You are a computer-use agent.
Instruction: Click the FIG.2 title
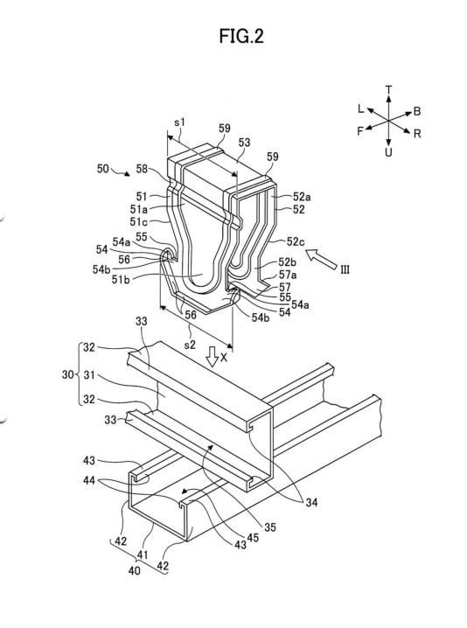click(241, 36)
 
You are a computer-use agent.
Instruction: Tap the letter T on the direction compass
click(388, 89)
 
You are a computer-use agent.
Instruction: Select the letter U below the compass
click(388, 152)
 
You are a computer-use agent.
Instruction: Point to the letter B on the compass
click(417, 111)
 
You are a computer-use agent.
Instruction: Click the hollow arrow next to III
click(321, 259)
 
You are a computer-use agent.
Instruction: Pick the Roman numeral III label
click(345, 269)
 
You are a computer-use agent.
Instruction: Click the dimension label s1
click(180, 122)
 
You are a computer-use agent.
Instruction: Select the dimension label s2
click(190, 345)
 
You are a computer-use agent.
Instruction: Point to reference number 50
click(103, 169)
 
